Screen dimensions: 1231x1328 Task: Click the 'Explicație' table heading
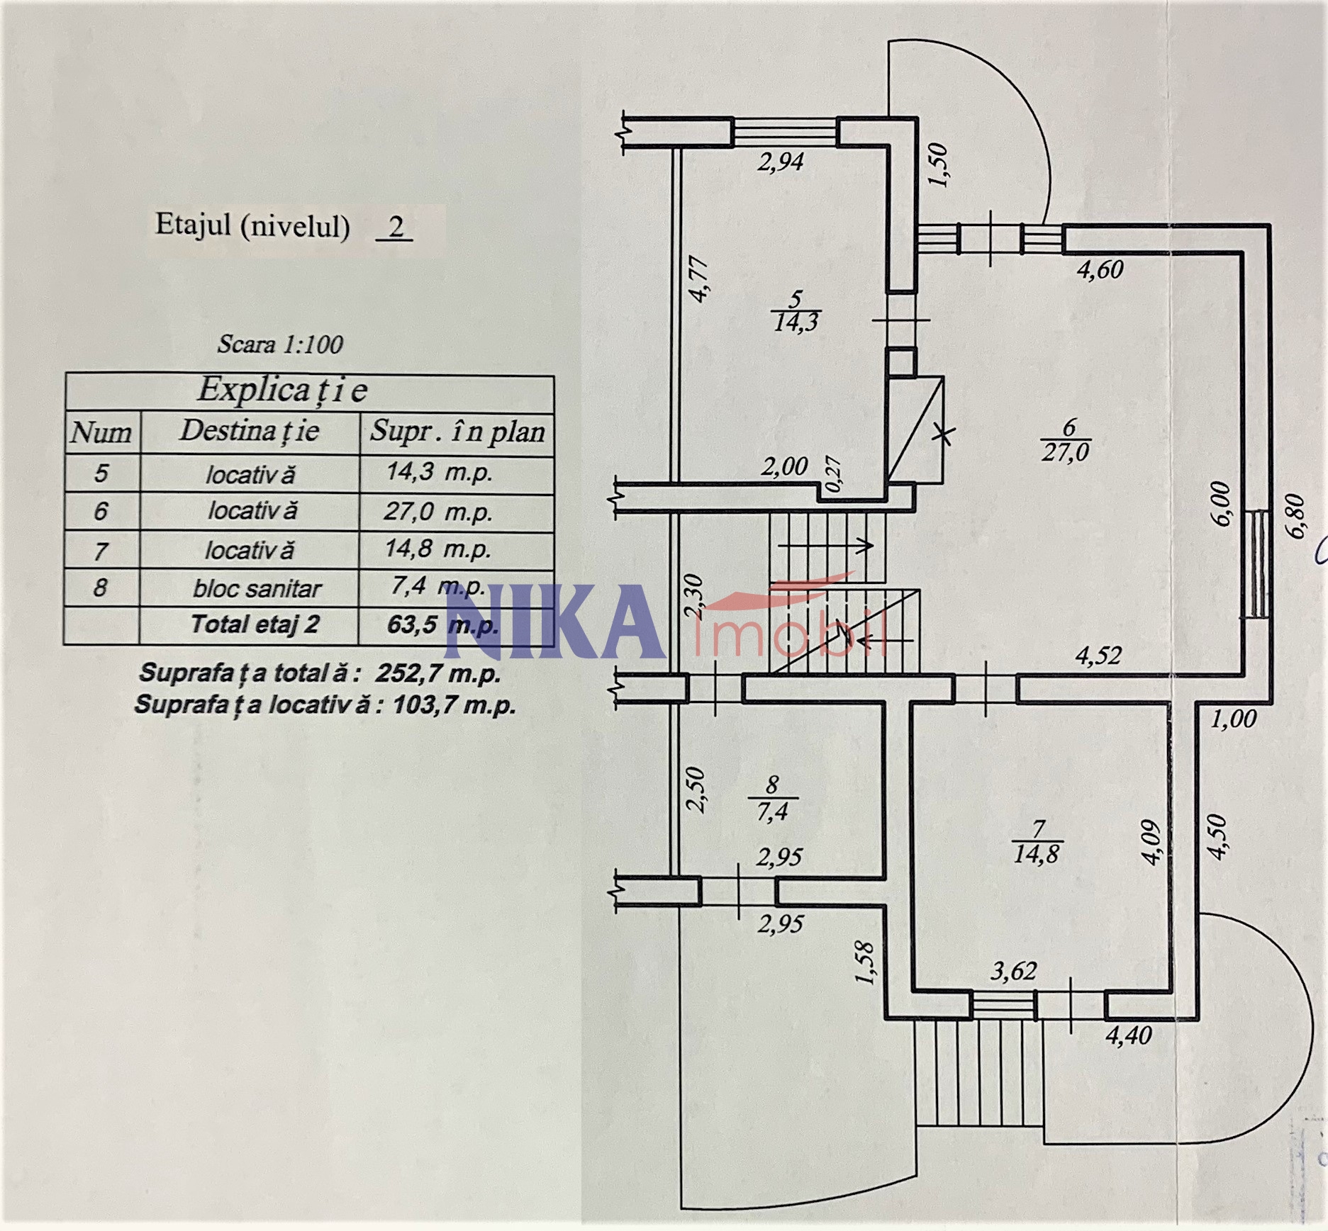[x=282, y=390]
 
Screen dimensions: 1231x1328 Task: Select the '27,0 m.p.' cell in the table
[x=438, y=511]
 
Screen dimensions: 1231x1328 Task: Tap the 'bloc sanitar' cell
[x=257, y=588]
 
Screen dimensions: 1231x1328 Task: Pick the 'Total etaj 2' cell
[x=255, y=624]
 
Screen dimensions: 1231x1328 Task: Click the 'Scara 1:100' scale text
[x=280, y=344]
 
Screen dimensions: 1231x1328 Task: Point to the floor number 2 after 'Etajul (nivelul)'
[x=396, y=227]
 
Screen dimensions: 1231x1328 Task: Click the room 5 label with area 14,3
[x=796, y=311]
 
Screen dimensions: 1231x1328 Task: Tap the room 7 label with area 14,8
[x=1037, y=842]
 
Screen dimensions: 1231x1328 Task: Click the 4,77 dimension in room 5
[x=698, y=280]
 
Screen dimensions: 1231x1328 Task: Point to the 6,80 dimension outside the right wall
[x=1295, y=516]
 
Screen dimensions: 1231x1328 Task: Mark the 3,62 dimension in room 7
[x=1013, y=971]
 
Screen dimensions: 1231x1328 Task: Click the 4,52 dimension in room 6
[x=1098, y=656]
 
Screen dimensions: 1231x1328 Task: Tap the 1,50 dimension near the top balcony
[x=937, y=165]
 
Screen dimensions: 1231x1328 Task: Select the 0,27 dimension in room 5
[x=834, y=474]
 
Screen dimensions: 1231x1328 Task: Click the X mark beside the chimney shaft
[x=943, y=434]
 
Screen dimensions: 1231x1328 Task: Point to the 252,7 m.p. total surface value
[x=437, y=673]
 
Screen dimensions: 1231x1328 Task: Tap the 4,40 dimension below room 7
[x=1129, y=1035]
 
